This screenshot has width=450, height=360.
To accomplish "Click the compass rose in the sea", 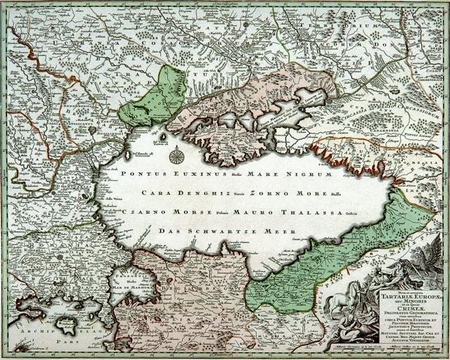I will [176, 157].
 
